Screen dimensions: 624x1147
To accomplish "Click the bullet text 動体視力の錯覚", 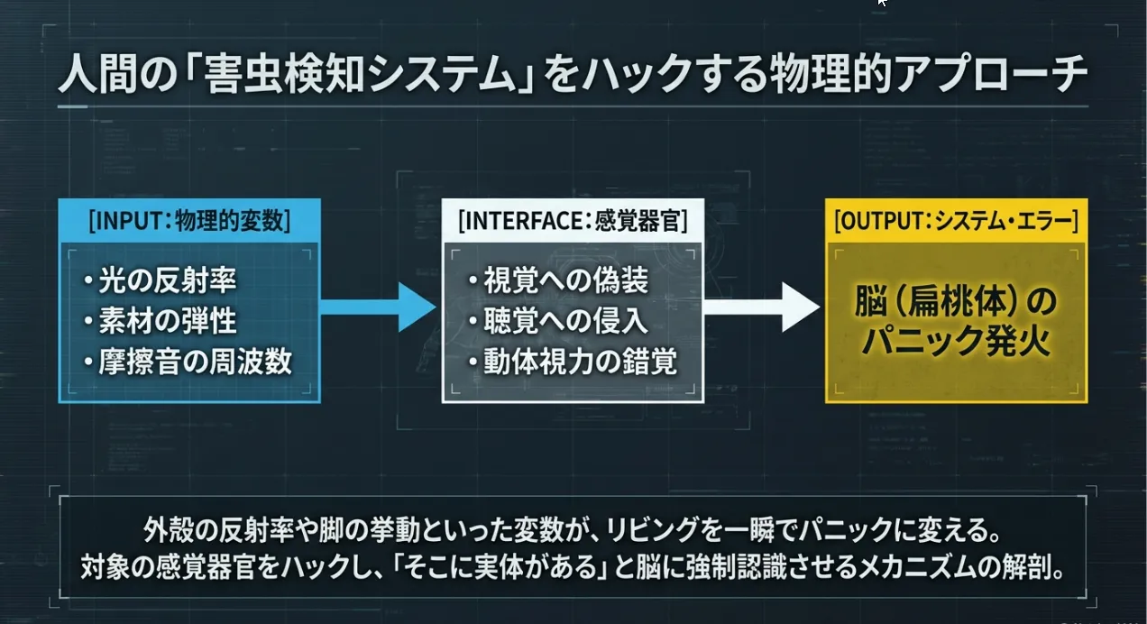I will (578, 362).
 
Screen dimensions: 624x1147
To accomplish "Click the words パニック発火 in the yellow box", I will (956, 342).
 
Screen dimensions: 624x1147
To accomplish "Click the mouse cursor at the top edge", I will (882, 4).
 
